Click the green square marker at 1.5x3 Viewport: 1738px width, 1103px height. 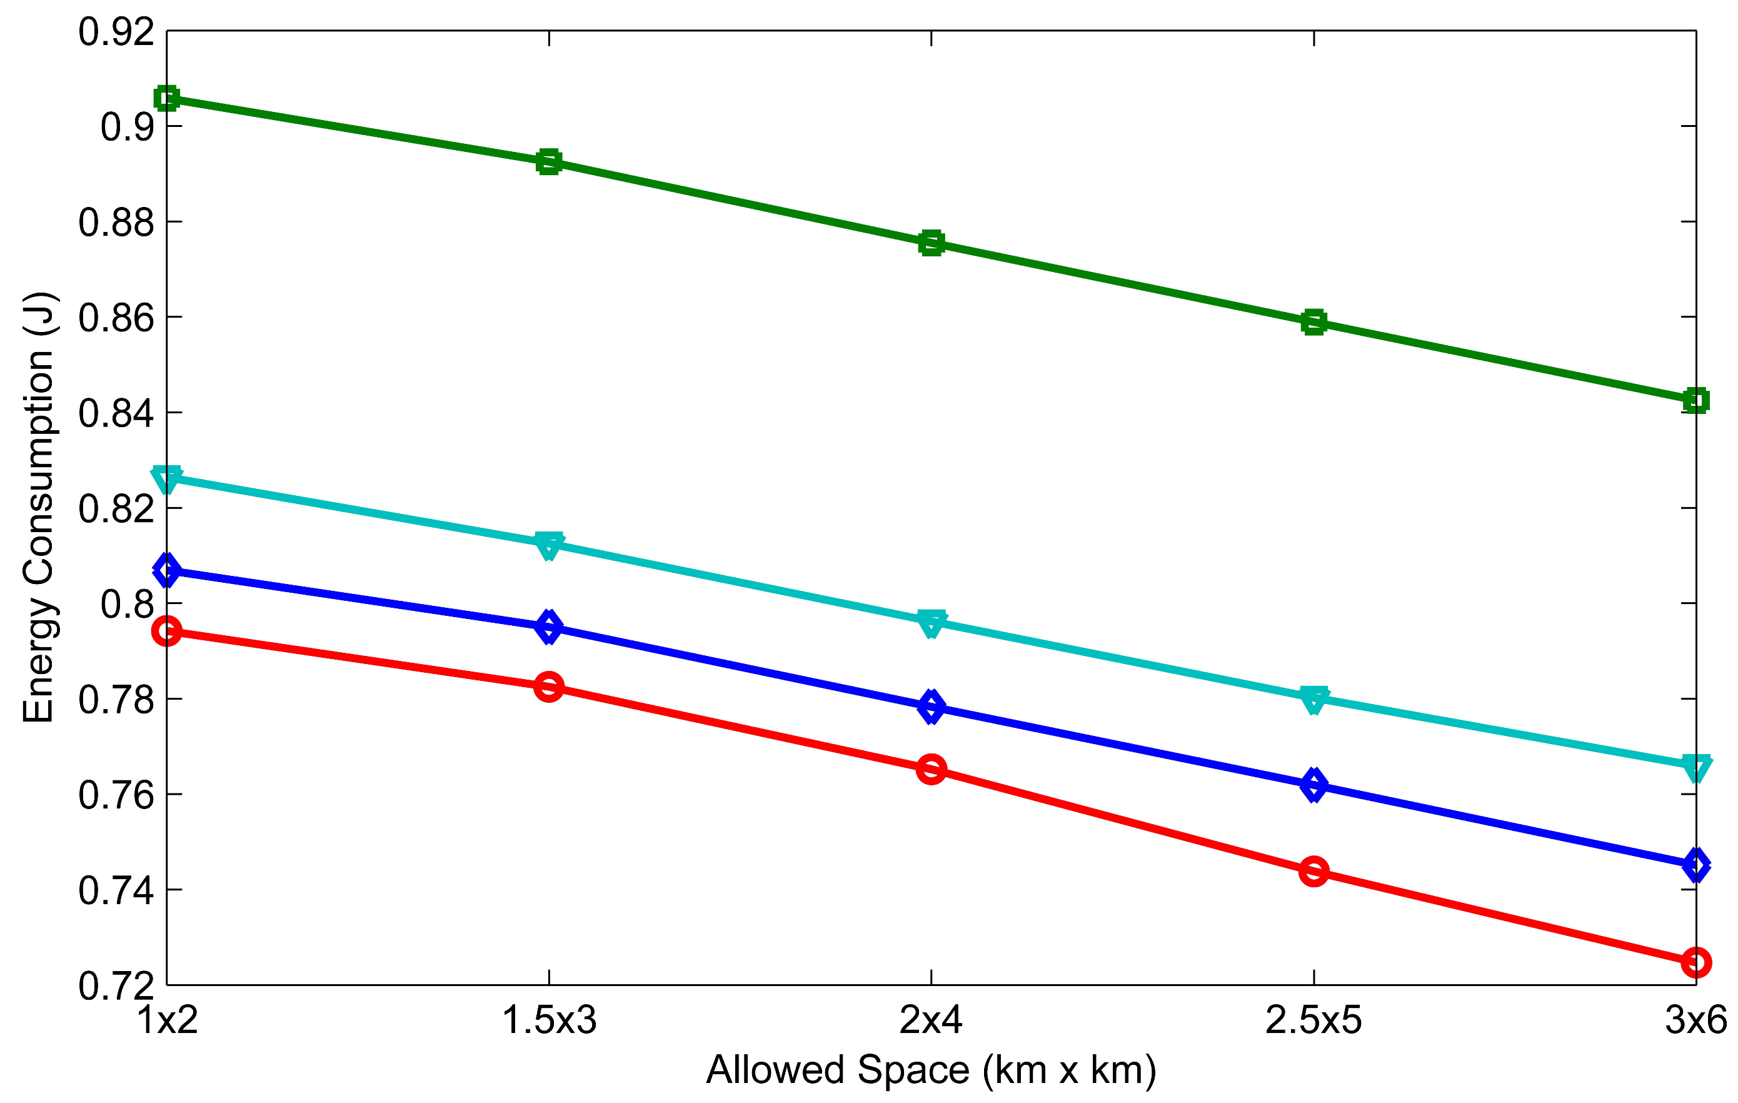coord(550,162)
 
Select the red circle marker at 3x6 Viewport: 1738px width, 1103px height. coord(1695,962)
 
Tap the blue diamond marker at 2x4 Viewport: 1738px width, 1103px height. coord(931,707)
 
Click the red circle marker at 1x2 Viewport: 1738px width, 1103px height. coord(167,631)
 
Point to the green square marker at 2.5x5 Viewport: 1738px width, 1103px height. coord(1314,322)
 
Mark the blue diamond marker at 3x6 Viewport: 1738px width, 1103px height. coord(1695,865)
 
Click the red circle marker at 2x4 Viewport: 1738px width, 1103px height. coord(931,770)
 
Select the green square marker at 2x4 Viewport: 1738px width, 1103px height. coord(931,243)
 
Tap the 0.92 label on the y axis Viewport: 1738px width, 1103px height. coord(116,33)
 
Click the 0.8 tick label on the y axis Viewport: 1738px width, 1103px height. coord(127,604)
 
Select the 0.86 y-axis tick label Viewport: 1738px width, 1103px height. coord(116,318)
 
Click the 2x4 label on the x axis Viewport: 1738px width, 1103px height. coord(931,1020)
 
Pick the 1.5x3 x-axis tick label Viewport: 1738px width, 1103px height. coord(550,1020)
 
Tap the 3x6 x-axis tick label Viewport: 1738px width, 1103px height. coord(1695,1020)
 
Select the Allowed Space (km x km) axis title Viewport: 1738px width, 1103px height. coord(931,1070)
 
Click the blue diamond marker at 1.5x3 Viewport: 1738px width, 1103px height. coord(550,627)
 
